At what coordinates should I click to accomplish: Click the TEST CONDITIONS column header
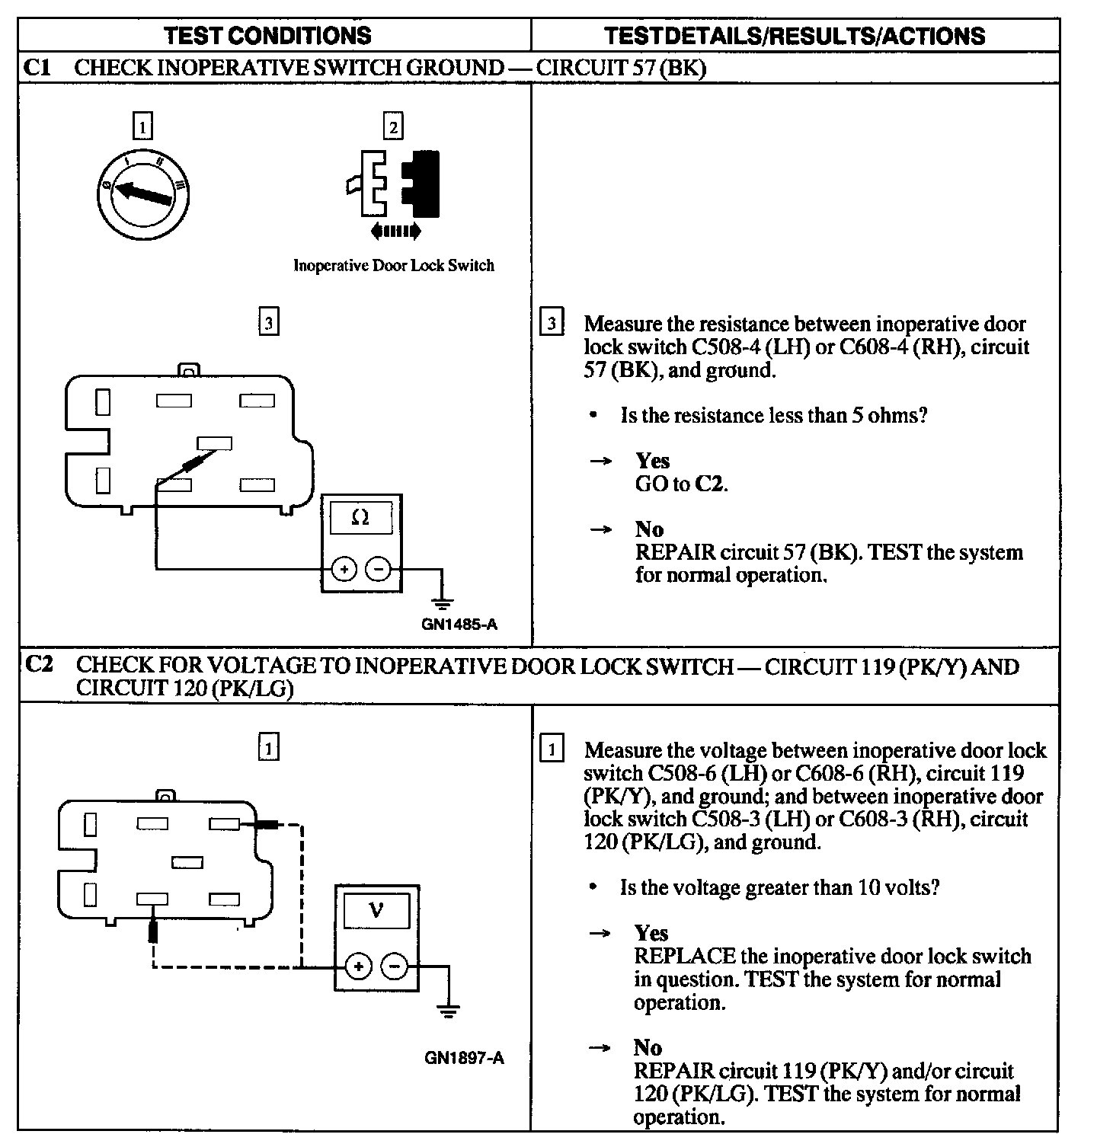click(267, 35)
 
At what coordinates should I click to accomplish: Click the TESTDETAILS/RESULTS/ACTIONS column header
click(794, 36)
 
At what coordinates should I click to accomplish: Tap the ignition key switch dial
click(144, 195)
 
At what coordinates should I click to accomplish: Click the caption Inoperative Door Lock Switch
click(394, 266)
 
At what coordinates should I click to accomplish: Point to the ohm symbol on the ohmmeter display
click(361, 518)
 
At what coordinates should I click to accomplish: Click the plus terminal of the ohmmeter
click(344, 569)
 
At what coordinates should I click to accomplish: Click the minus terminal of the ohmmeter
click(379, 569)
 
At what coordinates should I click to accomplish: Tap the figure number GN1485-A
click(459, 625)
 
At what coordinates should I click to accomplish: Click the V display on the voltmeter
click(376, 910)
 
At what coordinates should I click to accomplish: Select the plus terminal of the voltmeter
click(359, 967)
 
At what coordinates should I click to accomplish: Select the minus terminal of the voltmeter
click(395, 967)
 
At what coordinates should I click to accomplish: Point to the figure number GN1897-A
click(464, 1057)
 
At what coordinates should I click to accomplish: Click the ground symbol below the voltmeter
click(448, 1011)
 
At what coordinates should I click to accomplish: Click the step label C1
click(37, 67)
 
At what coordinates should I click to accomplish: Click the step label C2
click(39, 665)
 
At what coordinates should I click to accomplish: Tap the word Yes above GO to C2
click(652, 461)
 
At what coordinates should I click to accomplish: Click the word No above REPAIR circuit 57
click(649, 529)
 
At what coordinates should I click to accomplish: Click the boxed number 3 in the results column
click(551, 324)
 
